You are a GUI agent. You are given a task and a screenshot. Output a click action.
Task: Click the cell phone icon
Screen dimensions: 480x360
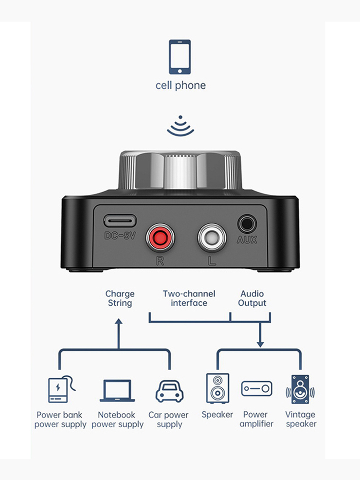pyautogui.click(x=180, y=57)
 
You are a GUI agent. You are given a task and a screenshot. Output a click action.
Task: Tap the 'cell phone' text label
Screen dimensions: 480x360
pyautogui.click(x=180, y=85)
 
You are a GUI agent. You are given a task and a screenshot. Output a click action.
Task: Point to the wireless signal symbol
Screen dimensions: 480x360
pyautogui.click(x=180, y=126)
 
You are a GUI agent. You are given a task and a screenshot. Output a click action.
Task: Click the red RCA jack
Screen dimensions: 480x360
pyautogui.click(x=160, y=237)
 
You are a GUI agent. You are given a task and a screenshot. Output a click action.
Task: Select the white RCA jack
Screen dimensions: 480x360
pyautogui.click(x=212, y=237)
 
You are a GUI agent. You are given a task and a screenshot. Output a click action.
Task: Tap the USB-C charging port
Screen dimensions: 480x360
pyautogui.click(x=120, y=221)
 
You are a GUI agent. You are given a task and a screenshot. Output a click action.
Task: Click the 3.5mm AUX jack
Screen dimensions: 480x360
pyautogui.click(x=247, y=223)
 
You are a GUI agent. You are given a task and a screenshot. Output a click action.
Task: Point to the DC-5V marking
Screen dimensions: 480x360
pyautogui.click(x=120, y=236)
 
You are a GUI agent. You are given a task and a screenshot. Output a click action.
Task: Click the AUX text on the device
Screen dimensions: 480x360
pyautogui.click(x=247, y=240)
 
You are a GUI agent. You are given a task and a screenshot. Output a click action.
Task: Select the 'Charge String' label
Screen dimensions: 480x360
pyautogui.click(x=120, y=298)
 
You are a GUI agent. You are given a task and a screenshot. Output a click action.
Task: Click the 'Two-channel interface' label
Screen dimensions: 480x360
pyautogui.click(x=189, y=298)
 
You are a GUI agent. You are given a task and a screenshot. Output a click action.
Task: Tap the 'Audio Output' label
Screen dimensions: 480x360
pyautogui.click(x=252, y=298)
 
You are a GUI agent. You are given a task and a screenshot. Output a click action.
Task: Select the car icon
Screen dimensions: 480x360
pyautogui.click(x=169, y=391)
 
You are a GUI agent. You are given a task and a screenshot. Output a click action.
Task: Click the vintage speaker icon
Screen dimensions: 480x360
pyautogui.click(x=300, y=389)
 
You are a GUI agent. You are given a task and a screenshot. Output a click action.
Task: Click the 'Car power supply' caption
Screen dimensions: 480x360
pyautogui.click(x=168, y=420)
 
